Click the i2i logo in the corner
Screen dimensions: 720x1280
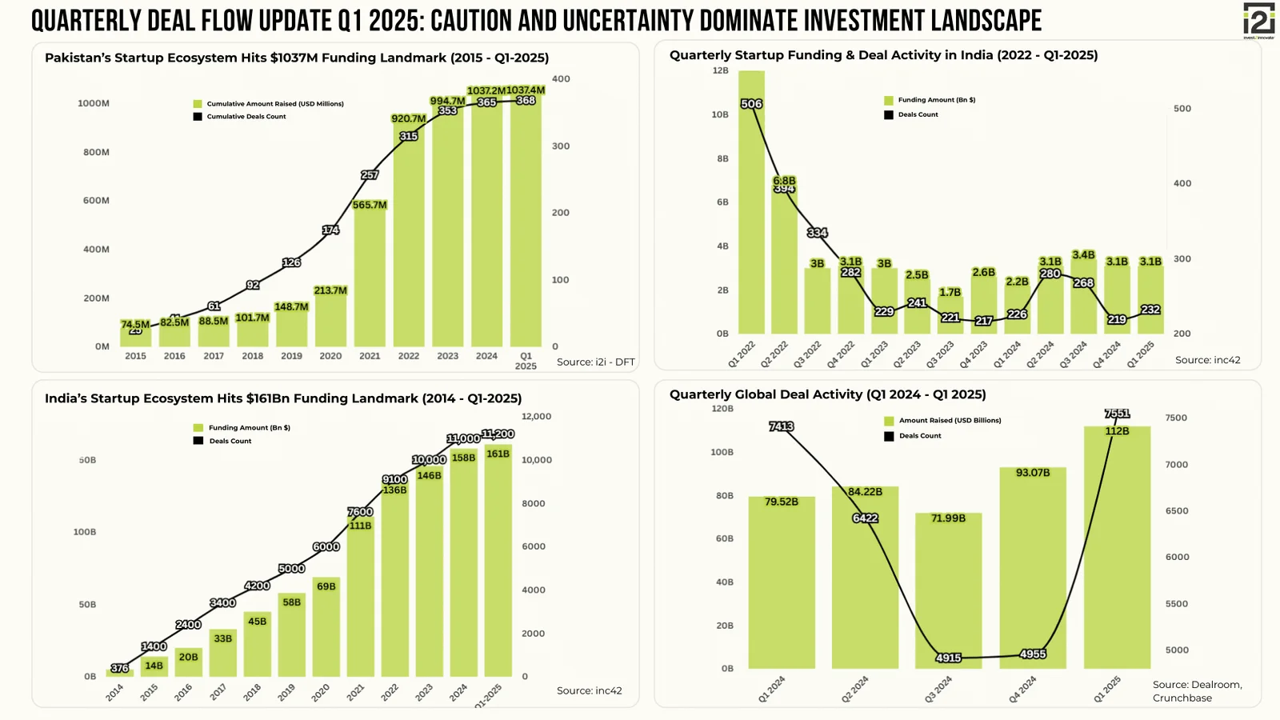pos(1258,20)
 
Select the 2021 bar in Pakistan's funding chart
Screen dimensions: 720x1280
pos(370,280)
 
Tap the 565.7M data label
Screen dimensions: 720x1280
pos(370,206)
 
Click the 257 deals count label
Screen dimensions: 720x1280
pos(370,175)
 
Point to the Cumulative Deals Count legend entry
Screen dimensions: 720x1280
pos(240,117)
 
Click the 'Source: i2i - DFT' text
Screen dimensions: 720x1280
pos(595,362)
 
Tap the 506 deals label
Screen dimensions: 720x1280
pos(751,104)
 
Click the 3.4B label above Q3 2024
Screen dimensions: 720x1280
pos(1083,255)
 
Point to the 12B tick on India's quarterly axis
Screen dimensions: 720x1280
pos(721,70)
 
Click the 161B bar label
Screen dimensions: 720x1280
pos(498,454)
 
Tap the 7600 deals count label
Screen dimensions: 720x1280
pos(360,512)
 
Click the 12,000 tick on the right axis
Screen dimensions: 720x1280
pos(536,417)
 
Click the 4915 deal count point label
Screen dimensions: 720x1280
pos(948,658)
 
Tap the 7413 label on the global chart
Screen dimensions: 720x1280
pos(781,426)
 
